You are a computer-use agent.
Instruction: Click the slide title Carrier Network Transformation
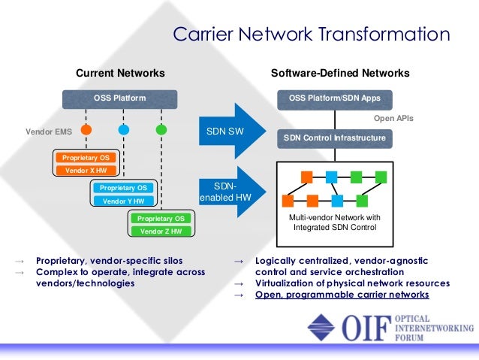tap(311, 35)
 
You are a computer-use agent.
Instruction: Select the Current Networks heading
tap(120, 73)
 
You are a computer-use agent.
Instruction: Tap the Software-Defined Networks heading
tap(339, 73)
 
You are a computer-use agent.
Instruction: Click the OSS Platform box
tap(119, 98)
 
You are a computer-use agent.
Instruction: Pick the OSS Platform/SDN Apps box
tap(335, 98)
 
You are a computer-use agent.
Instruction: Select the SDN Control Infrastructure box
tap(335, 138)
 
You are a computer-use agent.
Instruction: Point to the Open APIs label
tap(393, 119)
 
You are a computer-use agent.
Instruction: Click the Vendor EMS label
tap(49, 131)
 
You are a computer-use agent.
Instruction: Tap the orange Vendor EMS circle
tap(86, 130)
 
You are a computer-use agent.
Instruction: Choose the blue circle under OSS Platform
tap(124, 130)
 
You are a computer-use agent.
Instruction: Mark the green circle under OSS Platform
tap(161, 130)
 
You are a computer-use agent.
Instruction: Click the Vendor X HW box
tap(86, 171)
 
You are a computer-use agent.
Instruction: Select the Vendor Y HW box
tap(123, 201)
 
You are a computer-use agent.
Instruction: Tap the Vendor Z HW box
tap(161, 231)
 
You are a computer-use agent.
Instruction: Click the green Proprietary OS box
tap(161, 218)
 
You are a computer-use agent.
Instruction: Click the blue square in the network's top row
tap(331, 177)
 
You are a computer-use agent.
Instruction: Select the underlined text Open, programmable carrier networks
tap(342, 295)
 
